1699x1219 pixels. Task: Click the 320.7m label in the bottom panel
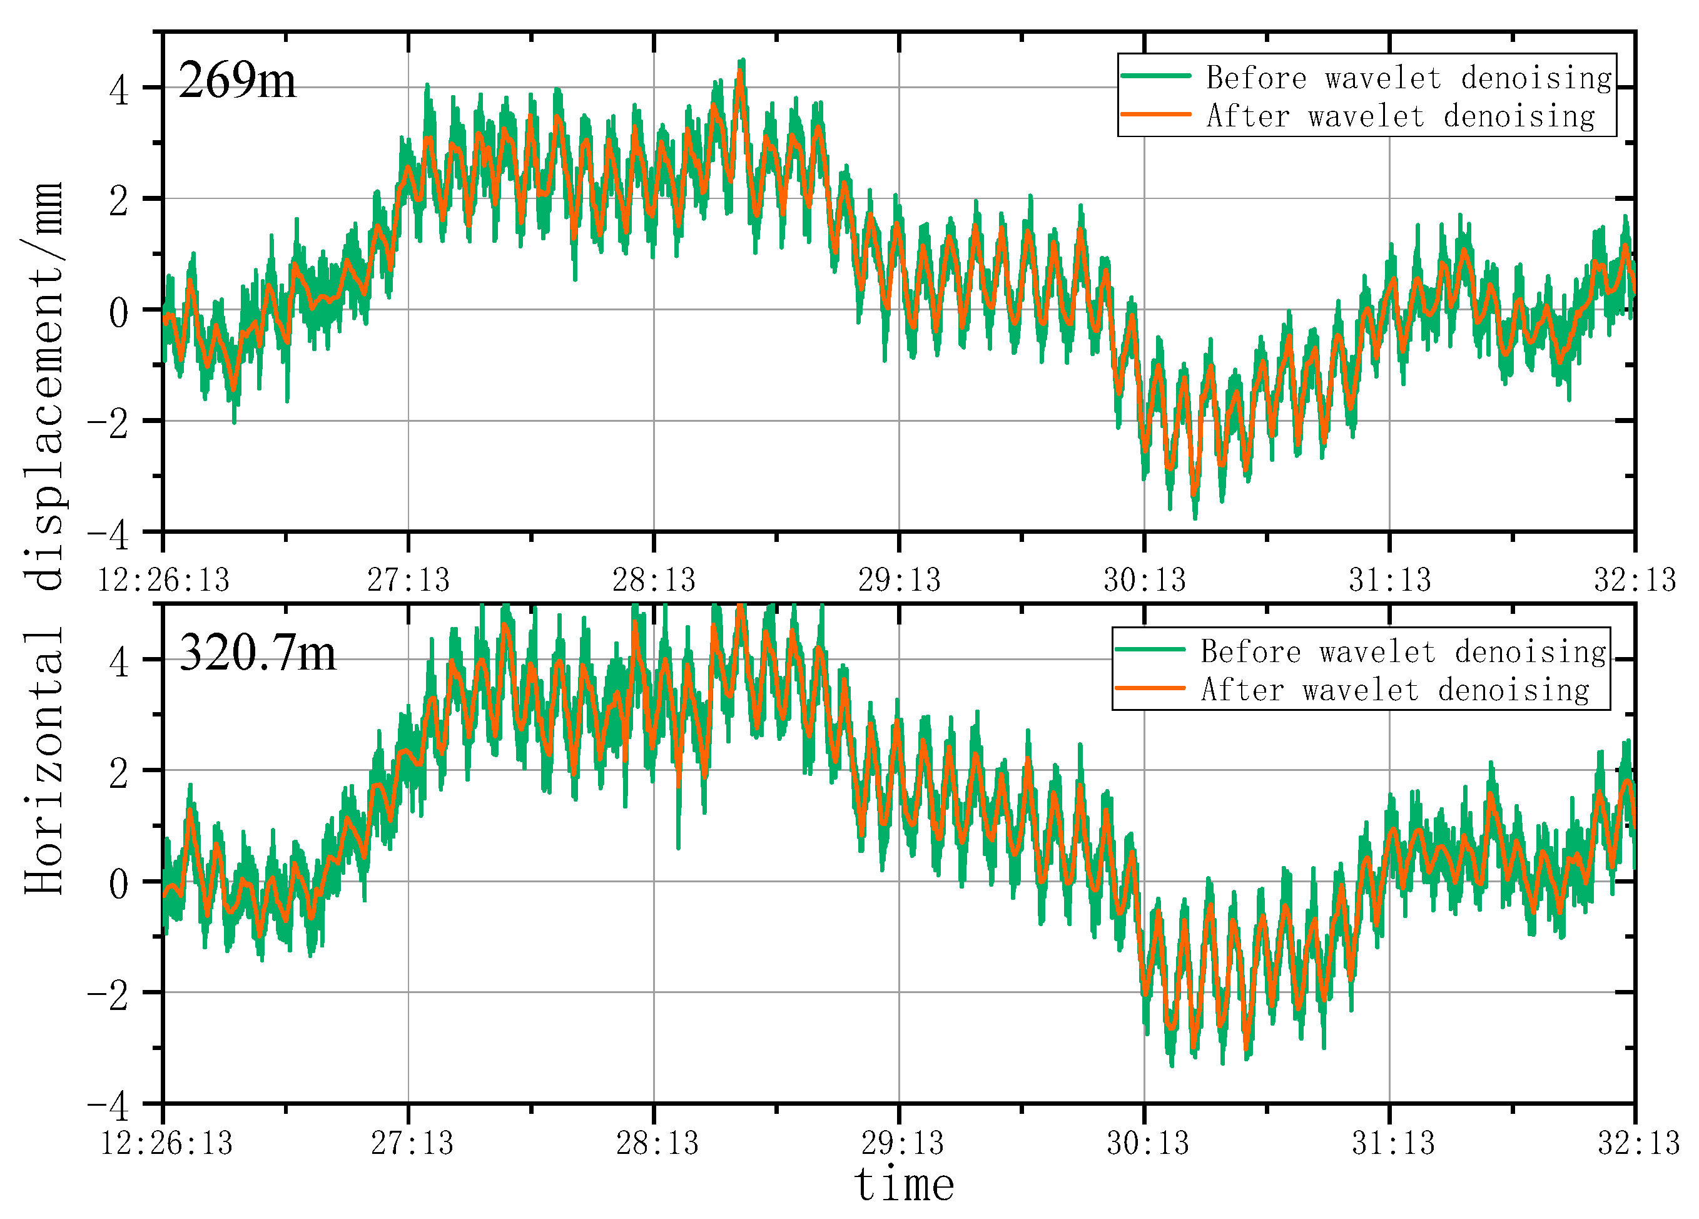pos(258,653)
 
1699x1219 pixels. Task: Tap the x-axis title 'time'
pos(904,1185)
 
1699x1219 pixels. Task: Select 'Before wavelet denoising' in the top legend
pos(1408,78)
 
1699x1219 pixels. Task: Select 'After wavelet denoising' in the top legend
pos(1400,116)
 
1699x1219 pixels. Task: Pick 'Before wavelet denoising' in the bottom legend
pos(1403,651)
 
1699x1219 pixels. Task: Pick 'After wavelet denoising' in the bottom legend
pos(1395,690)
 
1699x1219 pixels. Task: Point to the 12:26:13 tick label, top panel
pos(163,580)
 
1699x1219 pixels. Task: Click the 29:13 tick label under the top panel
pos(899,580)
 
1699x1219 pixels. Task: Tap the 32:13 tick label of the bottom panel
pos(1638,1143)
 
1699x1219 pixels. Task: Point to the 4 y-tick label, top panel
pos(119,91)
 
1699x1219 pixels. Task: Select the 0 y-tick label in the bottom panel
pos(119,885)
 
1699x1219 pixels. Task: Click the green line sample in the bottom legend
pos(1150,650)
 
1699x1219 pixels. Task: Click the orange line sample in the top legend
pos(1156,115)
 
